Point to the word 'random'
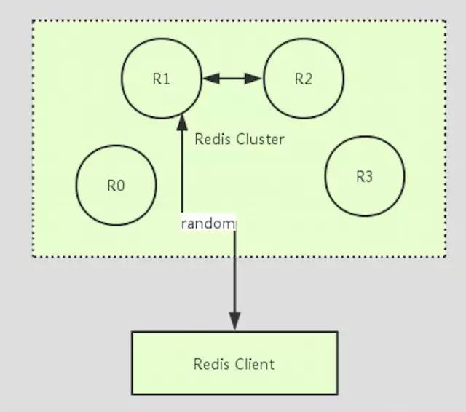(x=208, y=223)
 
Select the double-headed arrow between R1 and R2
(x=232, y=79)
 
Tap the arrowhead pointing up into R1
(x=182, y=123)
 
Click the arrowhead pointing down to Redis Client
(x=234, y=321)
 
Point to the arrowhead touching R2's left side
(x=254, y=79)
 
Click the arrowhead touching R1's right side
(x=211, y=79)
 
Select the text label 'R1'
(x=162, y=79)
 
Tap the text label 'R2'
(x=304, y=79)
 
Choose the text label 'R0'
(x=116, y=186)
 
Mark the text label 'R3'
(x=364, y=176)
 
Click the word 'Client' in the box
(x=254, y=364)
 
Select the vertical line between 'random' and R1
(x=182, y=171)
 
